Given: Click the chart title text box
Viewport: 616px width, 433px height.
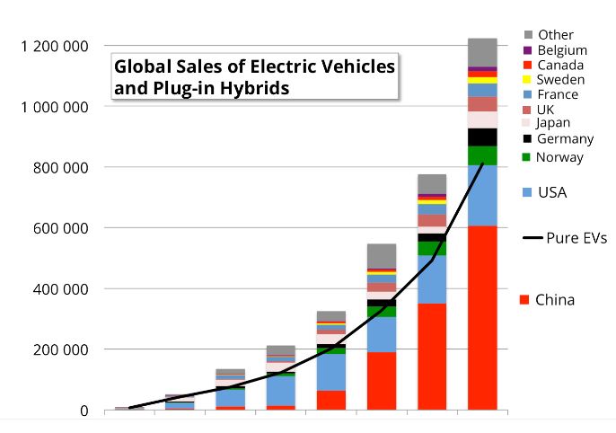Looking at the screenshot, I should click(253, 77).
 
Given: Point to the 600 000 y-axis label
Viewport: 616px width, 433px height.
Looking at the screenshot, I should click(59, 228).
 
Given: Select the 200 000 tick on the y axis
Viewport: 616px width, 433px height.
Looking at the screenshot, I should click(59, 349).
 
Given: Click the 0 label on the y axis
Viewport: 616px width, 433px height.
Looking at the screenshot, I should click(84, 411).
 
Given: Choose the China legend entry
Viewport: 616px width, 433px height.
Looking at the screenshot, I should click(554, 299).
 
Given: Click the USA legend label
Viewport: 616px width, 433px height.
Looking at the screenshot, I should click(551, 192).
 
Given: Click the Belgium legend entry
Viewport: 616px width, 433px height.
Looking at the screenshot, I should click(561, 50).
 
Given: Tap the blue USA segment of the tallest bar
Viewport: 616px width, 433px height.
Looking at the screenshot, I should click(482, 195).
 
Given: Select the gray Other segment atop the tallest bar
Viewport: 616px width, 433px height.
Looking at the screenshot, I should click(482, 52).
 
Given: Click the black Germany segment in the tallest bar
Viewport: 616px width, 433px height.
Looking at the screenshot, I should click(482, 137).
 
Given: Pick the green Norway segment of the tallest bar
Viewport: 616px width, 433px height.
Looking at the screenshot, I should click(482, 155).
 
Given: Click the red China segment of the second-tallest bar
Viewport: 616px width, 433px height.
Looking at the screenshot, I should click(432, 357).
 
